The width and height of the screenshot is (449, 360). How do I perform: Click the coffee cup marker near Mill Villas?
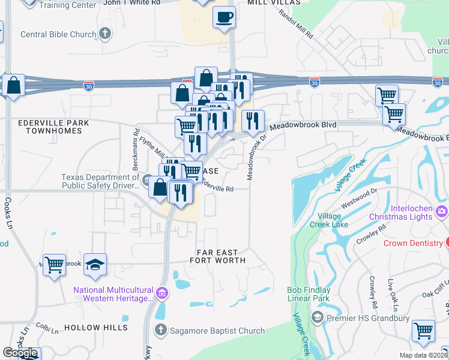point(224,17)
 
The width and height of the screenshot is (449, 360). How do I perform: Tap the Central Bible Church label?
point(58,34)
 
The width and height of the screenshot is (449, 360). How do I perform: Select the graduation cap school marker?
point(95,265)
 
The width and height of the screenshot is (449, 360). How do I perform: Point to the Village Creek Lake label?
point(328,220)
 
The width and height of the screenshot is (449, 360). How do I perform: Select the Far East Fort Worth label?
point(217,256)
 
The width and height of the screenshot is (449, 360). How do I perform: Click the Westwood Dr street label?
point(358,199)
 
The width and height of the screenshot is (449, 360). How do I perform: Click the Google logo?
point(20,353)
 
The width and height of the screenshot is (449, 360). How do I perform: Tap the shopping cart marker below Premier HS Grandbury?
point(424,329)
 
